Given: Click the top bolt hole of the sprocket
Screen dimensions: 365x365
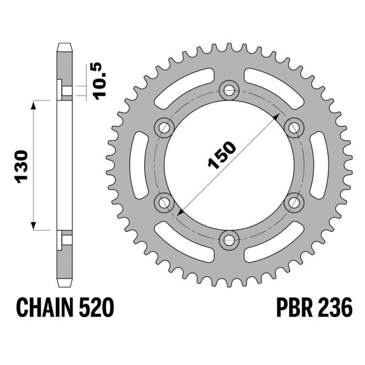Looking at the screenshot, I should tap(229, 89).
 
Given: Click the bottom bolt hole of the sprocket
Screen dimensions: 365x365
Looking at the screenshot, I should tap(229, 239).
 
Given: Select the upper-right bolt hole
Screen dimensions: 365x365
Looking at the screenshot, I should tap(294, 127).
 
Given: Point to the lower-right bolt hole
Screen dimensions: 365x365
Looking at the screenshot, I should tap(294, 201).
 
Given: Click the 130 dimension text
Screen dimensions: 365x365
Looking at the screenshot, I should tap(19, 165).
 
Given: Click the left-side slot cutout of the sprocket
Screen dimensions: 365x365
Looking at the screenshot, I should tap(138, 164).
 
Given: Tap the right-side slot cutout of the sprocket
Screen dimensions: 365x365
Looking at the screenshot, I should tap(321, 164).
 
